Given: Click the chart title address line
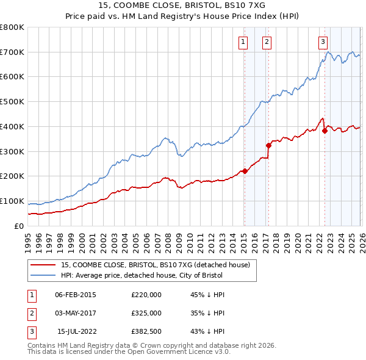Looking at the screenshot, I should (x=182, y=5).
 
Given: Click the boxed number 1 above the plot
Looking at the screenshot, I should (x=243, y=42).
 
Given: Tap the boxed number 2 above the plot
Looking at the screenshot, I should (x=267, y=42).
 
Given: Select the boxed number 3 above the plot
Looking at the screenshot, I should (x=322, y=42).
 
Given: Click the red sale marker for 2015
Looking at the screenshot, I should (x=245, y=171).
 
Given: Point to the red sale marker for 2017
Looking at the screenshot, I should (x=268, y=145).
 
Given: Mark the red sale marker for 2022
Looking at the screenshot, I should (x=325, y=131).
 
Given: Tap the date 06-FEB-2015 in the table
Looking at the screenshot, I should (x=76, y=295).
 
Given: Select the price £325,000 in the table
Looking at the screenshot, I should (x=146, y=313).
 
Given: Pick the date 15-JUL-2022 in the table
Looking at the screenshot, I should (x=76, y=331).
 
